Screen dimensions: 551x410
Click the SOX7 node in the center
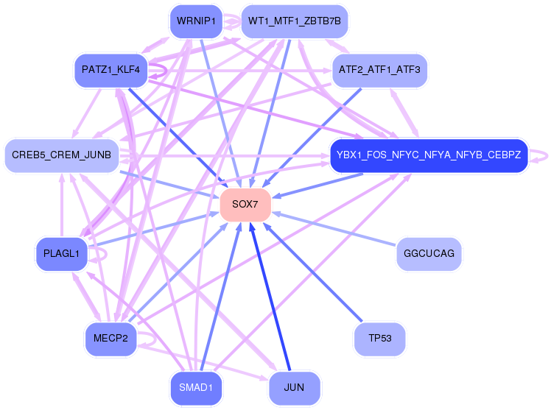[x=245, y=205]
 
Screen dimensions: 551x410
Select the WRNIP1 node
[x=196, y=21]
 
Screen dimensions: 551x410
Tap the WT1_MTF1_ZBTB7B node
[x=295, y=21]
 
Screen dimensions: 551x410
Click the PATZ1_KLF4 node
[x=110, y=70]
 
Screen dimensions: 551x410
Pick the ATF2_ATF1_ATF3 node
[x=379, y=70]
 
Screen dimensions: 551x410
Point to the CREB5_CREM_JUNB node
[x=62, y=155]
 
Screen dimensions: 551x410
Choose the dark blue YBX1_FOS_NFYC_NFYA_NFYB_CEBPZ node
[x=429, y=155]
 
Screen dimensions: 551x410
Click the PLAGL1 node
[x=61, y=254]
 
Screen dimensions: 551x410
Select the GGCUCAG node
[x=429, y=254]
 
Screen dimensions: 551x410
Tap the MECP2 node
[x=110, y=339]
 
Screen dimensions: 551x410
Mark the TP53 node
[x=379, y=339]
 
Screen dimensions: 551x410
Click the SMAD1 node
[x=196, y=388]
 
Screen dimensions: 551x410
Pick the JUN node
[x=295, y=388]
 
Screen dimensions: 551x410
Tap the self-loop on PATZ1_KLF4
[x=166, y=70]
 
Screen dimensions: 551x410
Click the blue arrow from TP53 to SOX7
[x=313, y=272]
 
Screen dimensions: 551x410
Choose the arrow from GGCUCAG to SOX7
[x=334, y=228]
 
